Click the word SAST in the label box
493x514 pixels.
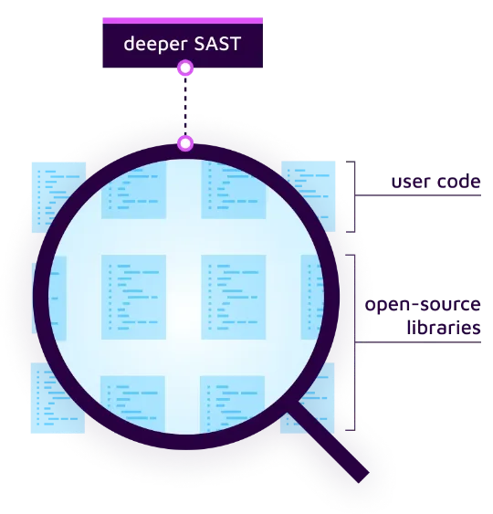(217, 43)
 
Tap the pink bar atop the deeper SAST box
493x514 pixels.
(183, 21)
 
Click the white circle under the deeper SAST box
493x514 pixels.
(185, 68)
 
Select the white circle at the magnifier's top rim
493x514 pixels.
(185, 143)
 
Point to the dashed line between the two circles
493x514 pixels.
(185, 106)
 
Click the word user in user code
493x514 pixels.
(407, 182)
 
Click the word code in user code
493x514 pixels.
(454, 181)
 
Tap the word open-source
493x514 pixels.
(423, 305)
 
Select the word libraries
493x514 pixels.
(444, 327)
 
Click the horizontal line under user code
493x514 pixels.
(418, 195)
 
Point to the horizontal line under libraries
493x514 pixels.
(418, 342)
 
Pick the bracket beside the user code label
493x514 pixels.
(354, 196)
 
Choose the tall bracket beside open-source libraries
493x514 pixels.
(354, 342)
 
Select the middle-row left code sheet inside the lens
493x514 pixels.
(133, 297)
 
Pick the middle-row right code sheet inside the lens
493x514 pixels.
(234, 297)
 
